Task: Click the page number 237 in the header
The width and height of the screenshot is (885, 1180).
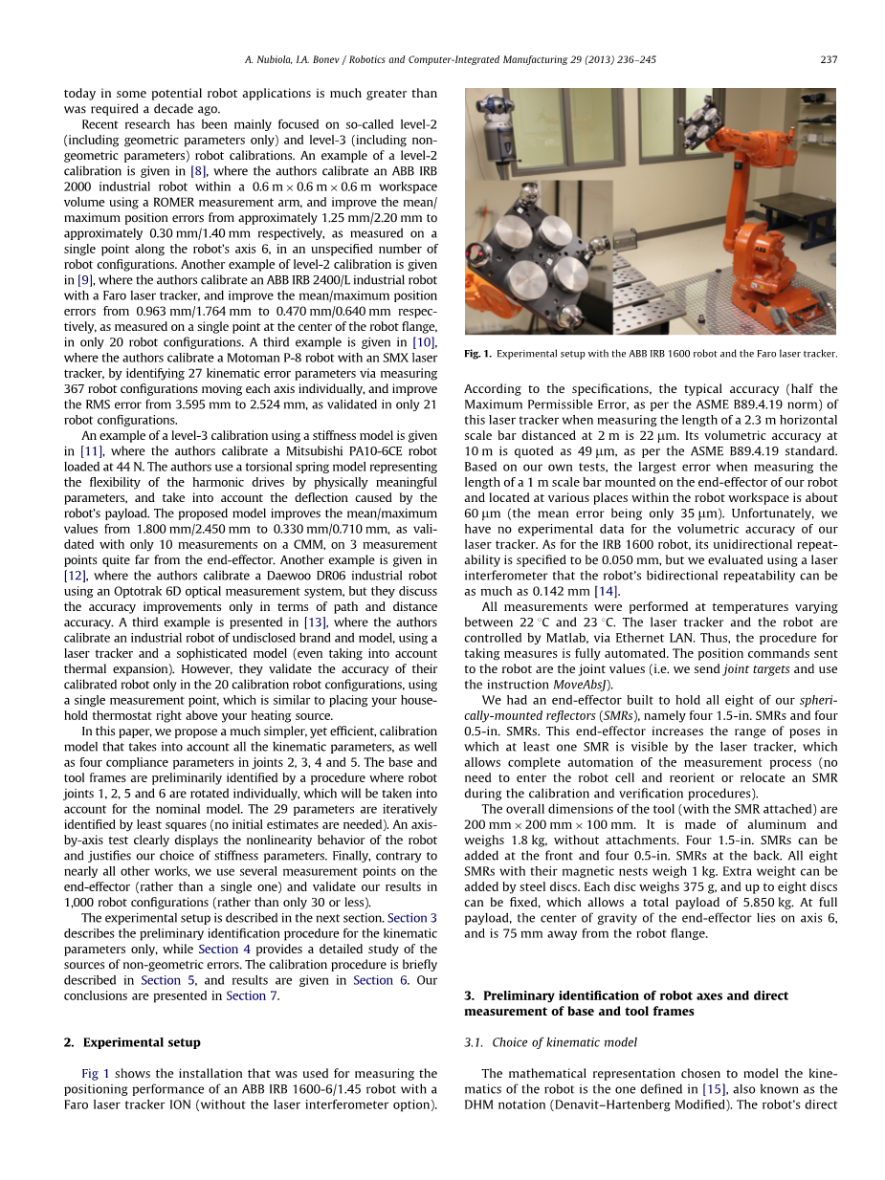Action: (829, 59)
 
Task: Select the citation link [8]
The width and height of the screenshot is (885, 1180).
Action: (198, 171)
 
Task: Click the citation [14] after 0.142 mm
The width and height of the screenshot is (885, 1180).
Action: (606, 591)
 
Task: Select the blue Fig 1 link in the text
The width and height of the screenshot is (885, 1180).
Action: (95, 1074)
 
